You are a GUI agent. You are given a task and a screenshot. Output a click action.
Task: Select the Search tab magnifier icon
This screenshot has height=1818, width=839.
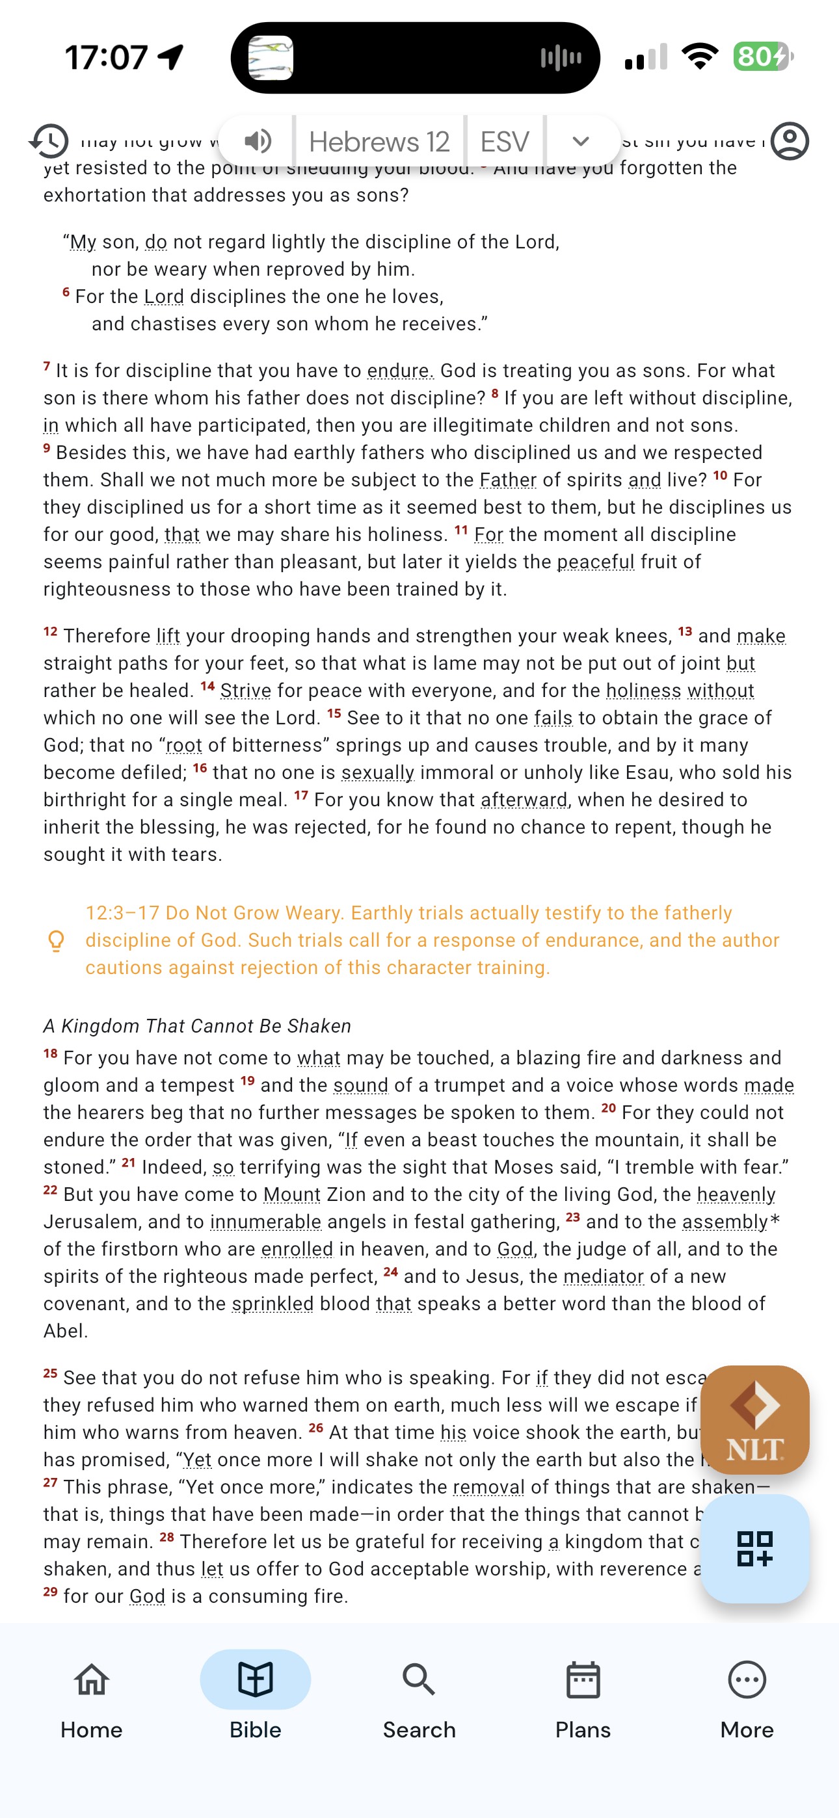(x=419, y=1680)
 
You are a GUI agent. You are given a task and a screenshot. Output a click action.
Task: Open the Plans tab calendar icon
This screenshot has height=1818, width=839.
(x=583, y=1680)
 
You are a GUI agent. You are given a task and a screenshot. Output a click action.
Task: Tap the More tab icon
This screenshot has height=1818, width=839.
(x=747, y=1680)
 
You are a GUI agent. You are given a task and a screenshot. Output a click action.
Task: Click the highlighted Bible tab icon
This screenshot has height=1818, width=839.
(x=255, y=1680)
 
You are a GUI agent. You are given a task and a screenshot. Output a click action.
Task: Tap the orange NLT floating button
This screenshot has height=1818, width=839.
(x=754, y=1419)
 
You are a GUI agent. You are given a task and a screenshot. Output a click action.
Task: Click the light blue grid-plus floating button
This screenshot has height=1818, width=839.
(x=754, y=1548)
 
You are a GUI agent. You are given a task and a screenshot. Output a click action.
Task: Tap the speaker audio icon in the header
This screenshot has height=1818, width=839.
(x=258, y=141)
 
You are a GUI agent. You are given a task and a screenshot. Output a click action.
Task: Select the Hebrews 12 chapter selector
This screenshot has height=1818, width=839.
(x=379, y=142)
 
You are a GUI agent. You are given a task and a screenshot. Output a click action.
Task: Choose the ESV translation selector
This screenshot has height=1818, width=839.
(x=504, y=142)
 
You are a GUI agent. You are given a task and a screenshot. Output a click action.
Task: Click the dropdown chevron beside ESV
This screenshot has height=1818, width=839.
(x=581, y=141)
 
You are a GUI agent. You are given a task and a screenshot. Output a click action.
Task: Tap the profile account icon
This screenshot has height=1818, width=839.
(x=789, y=141)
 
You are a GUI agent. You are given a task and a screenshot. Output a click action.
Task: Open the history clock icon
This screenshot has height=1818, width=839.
(x=49, y=141)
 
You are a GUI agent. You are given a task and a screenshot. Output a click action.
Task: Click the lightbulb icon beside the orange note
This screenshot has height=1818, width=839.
(x=56, y=941)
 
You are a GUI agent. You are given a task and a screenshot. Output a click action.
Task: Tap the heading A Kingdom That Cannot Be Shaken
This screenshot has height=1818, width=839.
(x=197, y=1025)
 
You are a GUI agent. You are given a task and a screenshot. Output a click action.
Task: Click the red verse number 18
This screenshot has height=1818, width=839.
(x=50, y=1054)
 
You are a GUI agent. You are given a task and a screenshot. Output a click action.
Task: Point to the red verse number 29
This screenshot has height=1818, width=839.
(x=50, y=1592)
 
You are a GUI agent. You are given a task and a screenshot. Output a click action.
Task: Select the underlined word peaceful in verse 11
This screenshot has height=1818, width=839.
(x=595, y=562)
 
